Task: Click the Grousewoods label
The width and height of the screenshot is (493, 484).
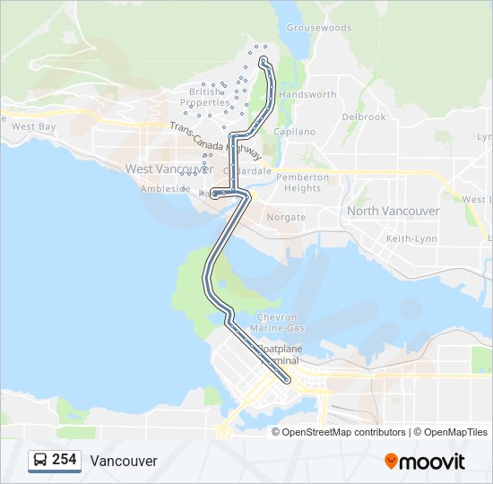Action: tap(319, 28)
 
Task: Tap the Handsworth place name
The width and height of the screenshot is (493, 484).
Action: tap(307, 94)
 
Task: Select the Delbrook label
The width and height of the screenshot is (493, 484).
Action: tap(363, 117)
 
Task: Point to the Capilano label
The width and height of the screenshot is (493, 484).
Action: tap(295, 132)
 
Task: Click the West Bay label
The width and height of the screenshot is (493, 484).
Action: tap(34, 127)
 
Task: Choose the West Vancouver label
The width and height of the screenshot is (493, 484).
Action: tap(163, 169)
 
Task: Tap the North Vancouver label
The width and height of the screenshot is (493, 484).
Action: tap(393, 211)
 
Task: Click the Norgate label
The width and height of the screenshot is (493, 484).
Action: tap(286, 217)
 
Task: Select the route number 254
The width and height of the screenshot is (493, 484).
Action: tap(64, 460)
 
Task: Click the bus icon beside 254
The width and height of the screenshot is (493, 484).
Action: tap(40, 460)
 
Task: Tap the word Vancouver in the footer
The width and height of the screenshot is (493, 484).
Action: tap(124, 461)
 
